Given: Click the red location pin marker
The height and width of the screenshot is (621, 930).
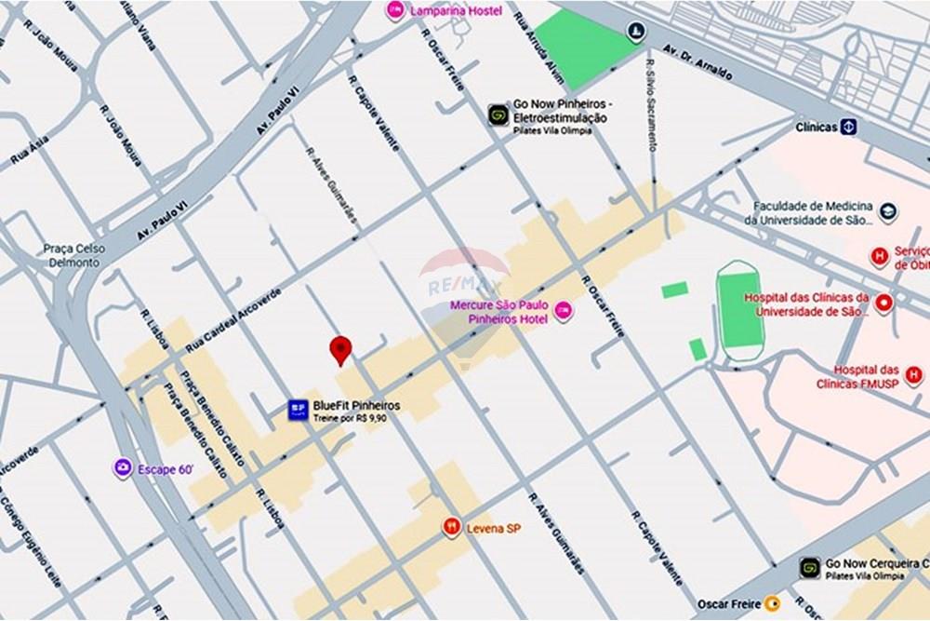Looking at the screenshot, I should pyautogui.click(x=341, y=350).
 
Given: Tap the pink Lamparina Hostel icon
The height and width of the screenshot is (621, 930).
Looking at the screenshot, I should pyautogui.click(x=395, y=10).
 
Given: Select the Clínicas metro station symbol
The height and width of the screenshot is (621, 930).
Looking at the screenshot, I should pyautogui.click(x=849, y=127).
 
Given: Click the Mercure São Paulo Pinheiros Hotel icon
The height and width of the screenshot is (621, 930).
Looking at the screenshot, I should pyautogui.click(x=563, y=311).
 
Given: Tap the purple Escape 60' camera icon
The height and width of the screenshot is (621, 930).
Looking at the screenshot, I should pyautogui.click(x=123, y=468).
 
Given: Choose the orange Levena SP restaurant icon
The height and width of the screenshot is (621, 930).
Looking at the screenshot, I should pyautogui.click(x=452, y=527).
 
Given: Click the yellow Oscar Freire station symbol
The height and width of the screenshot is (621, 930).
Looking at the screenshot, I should pyautogui.click(x=771, y=602).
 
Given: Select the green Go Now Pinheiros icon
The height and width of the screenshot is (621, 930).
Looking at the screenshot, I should pyautogui.click(x=498, y=115).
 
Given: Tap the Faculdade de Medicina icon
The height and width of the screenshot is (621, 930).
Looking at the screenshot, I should pyautogui.click(x=886, y=212).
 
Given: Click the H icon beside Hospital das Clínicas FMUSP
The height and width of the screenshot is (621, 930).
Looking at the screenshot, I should pyautogui.click(x=913, y=375).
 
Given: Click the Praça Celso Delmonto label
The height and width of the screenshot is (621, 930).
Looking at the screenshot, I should pyautogui.click(x=74, y=255).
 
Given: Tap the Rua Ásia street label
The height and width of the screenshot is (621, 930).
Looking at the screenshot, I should pyautogui.click(x=30, y=153).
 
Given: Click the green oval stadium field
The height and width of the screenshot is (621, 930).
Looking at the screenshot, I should pyautogui.click(x=740, y=304).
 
